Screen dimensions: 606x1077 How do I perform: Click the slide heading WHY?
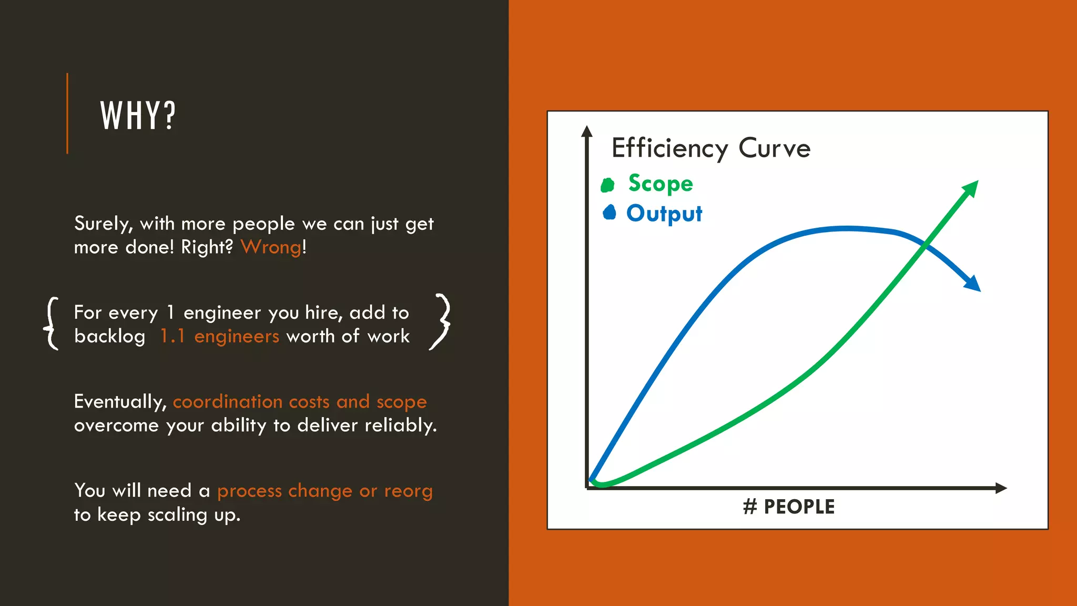point(138,116)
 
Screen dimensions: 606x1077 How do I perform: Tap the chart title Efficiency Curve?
point(711,148)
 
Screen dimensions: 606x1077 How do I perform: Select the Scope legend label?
point(661,184)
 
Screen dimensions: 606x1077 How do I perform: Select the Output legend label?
point(664,214)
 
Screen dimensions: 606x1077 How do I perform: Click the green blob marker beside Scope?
point(608,185)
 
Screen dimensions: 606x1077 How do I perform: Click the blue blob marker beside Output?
point(609,212)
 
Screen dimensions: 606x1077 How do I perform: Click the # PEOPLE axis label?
point(789,507)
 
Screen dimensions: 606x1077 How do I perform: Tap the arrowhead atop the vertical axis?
point(587,132)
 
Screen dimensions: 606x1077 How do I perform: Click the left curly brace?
point(52,324)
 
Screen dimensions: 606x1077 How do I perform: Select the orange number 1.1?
point(172,337)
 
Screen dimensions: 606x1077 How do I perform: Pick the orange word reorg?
point(408,491)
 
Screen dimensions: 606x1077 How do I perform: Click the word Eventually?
point(120,402)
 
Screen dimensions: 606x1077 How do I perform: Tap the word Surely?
point(103,224)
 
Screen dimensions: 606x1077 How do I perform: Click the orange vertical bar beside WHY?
point(67,114)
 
